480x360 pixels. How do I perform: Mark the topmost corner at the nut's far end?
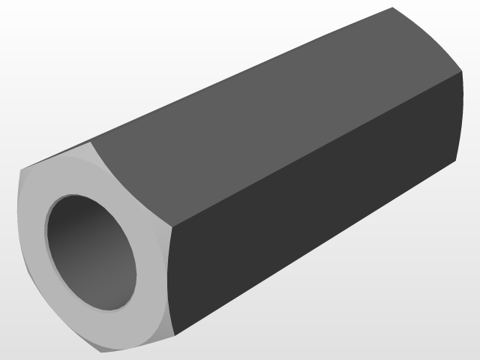point(393,8)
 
